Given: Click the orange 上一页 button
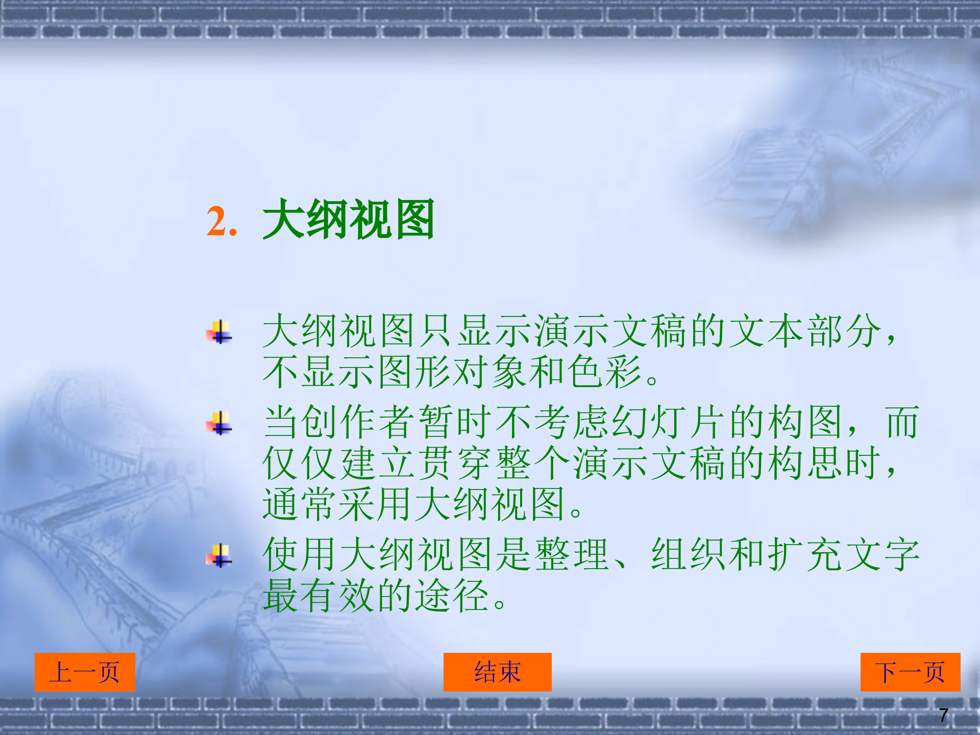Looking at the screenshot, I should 85,672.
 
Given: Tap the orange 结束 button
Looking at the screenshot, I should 497,672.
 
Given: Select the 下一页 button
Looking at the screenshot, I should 910,672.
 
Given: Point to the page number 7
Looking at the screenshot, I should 943,715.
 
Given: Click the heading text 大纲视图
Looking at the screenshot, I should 349,219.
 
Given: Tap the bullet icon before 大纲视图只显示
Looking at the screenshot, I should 219,332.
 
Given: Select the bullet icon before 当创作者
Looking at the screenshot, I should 219,423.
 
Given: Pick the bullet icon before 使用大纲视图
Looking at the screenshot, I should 219,556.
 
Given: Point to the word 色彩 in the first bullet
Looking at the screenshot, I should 604,372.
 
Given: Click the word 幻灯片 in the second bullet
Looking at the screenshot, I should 669,423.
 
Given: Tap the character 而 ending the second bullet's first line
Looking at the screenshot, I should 902,423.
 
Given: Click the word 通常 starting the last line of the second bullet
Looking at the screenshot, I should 301,504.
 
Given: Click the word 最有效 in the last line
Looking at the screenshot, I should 320,596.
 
